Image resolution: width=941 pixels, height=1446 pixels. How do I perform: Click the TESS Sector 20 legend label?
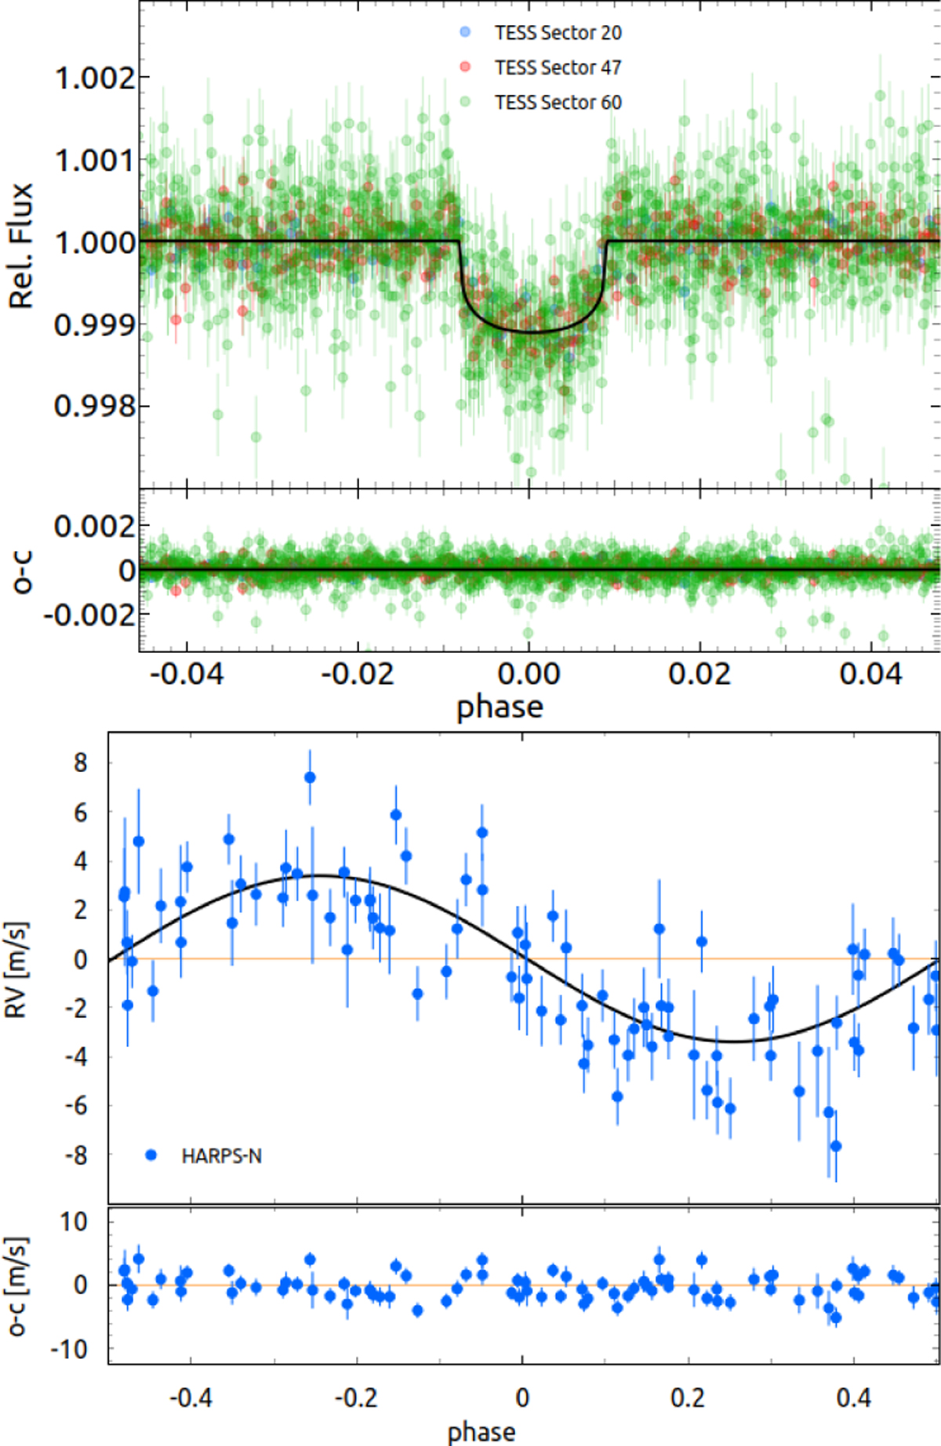tap(558, 33)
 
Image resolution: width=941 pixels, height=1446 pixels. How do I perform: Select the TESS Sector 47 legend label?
tap(558, 68)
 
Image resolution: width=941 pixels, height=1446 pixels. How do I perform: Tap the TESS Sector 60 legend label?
tap(558, 103)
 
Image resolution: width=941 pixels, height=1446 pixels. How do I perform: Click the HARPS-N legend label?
tap(221, 1156)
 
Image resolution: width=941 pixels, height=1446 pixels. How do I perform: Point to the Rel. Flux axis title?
tap(21, 245)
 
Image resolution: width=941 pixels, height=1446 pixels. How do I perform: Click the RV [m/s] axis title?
tap(16, 970)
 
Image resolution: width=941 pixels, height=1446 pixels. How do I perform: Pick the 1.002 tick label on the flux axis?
tap(94, 78)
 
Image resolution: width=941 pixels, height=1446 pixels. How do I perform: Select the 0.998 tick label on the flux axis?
tap(94, 406)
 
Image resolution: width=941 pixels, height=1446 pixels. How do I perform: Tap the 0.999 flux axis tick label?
tap(94, 324)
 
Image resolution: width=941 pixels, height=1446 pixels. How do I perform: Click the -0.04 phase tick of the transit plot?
tap(186, 674)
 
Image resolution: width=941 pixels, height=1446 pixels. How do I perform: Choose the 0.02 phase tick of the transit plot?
tap(699, 674)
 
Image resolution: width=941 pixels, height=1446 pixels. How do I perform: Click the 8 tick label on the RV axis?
tap(81, 763)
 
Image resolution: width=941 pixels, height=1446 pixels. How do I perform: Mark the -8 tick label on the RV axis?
tap(76, 1155)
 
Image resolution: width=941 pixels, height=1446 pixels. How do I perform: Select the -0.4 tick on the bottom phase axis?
tap(191, 1397)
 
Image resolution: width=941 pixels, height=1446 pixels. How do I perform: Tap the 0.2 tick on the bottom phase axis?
tap(688, 1397)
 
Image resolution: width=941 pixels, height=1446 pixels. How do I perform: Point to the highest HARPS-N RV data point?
tap(310, 777)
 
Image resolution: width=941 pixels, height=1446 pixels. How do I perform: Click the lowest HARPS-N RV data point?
tap(836, 1146)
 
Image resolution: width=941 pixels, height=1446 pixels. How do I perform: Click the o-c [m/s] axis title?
tap(16, 1286)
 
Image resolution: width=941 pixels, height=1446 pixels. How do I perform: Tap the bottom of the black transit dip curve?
tap(532, 332)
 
